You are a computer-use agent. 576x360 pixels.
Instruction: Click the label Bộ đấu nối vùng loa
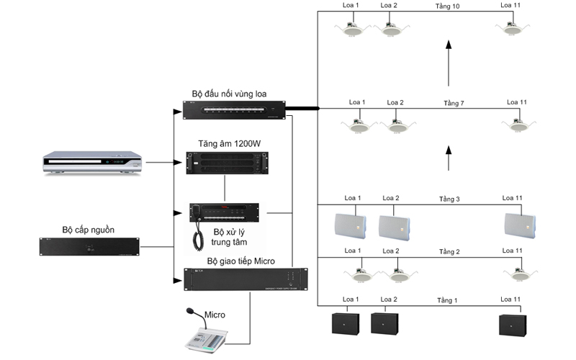click(x=229, y=94)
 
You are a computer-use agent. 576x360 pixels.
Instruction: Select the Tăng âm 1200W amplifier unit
click(x=227, y=163)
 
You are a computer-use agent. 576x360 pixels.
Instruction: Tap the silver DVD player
click(x=92, y=162)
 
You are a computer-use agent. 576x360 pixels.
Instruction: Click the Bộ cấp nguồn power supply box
click(x=89, y=246)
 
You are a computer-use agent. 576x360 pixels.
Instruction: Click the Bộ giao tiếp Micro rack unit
click(x=246, y=279)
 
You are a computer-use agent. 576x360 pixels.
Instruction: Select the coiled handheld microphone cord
click(x=198, y=237)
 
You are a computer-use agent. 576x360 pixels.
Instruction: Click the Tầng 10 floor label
click(x=447, y=6)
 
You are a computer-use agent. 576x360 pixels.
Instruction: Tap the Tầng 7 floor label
click(x=454, y=103)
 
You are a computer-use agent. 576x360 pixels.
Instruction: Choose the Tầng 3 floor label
click(x=449, y=199)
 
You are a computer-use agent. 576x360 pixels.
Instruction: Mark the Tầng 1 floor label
click(x=447, y=300)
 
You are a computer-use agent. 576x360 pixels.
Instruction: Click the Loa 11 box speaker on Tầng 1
click(x=513, y=325)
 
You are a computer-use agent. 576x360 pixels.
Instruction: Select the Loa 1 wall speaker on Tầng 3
click(x=350, y=226)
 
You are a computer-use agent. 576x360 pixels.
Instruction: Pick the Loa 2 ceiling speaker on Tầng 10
click(x=391, y=29)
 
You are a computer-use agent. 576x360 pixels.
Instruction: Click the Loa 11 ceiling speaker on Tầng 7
click(x=518, y=125)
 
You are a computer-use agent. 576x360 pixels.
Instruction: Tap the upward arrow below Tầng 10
click(x=449, y=63)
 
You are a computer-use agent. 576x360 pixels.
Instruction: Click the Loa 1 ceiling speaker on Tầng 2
click(x=361, y=274)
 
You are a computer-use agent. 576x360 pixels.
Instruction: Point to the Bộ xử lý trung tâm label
click(x=229, y=238)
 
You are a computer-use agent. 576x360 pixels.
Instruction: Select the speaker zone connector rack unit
click(x=235, y=110)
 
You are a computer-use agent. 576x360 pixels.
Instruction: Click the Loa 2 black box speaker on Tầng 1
click(x=384, y=323)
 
